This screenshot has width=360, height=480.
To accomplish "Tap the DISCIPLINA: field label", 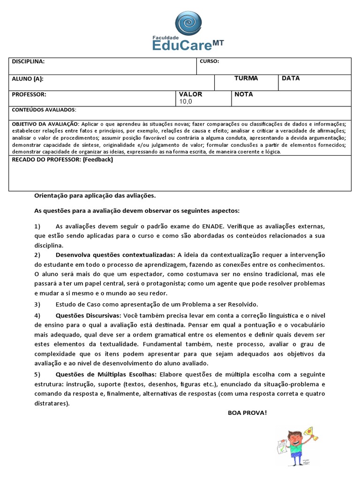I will (x=28, y=61).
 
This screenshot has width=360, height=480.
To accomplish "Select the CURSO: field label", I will (x=209, y=61).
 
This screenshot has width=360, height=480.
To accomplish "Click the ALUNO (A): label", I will (x=28, y=79).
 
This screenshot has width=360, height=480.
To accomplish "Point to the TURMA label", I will (x=246, y=78).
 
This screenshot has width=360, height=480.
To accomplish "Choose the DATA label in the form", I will (x=291, y=78).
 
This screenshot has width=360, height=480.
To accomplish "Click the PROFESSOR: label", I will (x=29, y=94).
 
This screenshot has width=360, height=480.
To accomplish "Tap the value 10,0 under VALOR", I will (x=185, y=101).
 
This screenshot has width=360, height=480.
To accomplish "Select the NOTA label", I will (x=244, y=94).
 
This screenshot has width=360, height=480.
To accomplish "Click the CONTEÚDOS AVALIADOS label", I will (x=44, y=110).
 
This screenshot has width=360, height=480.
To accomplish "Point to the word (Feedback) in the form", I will (x=98, y=159).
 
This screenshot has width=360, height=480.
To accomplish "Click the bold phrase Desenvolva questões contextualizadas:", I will (x=115, y=255).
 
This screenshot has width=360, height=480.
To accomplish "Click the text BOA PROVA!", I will (x=247, y=412).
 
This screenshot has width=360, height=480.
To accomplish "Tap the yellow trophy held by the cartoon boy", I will (x=310, y=432).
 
